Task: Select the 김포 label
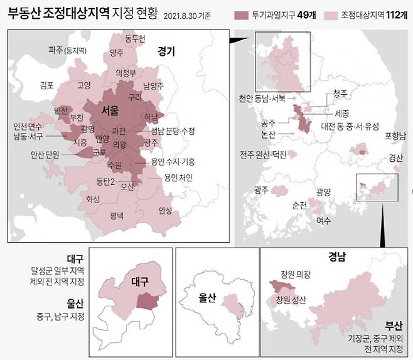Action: (47, 85)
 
